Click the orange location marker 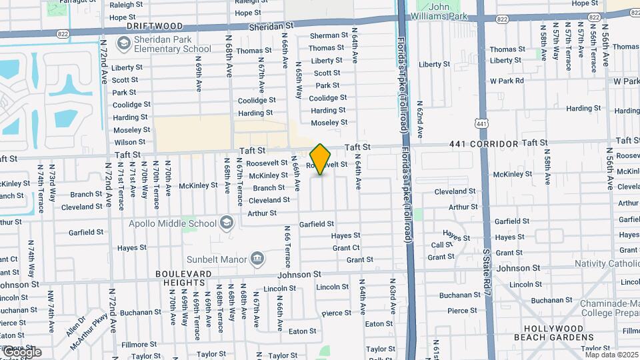[x=321, y=159]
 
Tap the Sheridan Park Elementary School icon [x=123, y=43]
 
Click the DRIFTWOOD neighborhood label [x=155, y=26]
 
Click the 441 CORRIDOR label [x=483, y=144]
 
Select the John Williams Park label [x=448, y=11]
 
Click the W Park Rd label [x=507, y=81]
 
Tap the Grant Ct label [x=346, y=248]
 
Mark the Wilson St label [x=129, y=142]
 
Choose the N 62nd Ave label [x=419, y=119]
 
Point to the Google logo [x=21, y=352]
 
